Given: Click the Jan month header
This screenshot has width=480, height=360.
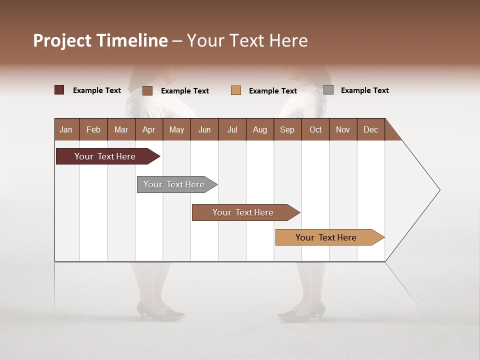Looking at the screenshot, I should pos(66,129).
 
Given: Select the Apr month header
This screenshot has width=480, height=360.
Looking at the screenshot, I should pos(148,129).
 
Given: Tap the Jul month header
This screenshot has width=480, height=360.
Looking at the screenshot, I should pos(232,129).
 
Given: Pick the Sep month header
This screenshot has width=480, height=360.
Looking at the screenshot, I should pos(287,129).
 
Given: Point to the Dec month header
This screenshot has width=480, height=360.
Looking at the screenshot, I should pos(370,129).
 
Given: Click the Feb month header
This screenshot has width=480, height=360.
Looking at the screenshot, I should pos(93,129).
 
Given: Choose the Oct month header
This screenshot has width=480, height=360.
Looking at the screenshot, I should pos(315,129).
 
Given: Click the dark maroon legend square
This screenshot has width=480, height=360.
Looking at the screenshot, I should pos(59,90).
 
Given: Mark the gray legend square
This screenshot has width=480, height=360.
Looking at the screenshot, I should pos(328,90).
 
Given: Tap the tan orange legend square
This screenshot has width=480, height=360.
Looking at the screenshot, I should pos(236,90).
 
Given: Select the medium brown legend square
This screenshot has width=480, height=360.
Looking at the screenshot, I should pos(147,90).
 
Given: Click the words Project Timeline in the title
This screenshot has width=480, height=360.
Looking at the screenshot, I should pos(100,40).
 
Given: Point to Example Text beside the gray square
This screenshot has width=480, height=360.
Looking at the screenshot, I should pos(364,90).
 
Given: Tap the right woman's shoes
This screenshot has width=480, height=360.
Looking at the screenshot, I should pos(303,312).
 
